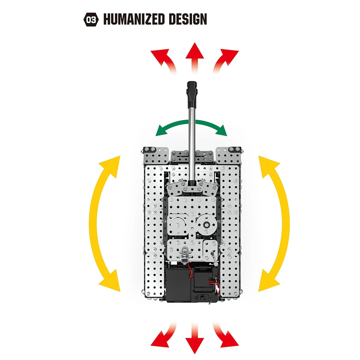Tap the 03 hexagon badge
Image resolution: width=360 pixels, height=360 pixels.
tap(90, 19)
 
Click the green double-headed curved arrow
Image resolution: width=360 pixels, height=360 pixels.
tap(191, 128)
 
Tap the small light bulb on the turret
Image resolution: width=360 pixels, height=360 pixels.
tap(184, 254)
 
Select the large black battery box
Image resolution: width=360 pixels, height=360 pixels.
tap(178, 286)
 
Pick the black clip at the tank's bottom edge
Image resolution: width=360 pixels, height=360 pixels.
tap(203, 298)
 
